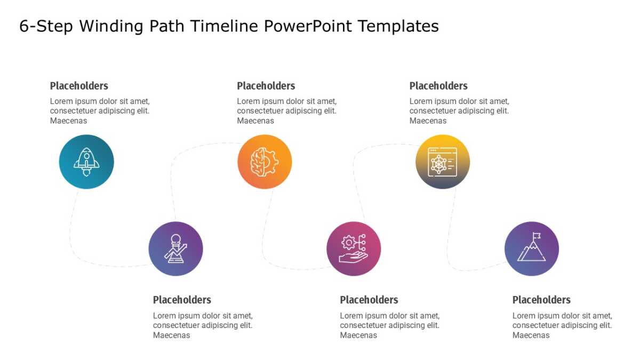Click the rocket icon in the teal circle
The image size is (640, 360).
[x=86, y=162]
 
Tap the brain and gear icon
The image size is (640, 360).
[x=265, y=162]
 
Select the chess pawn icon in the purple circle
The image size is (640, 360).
[x=175, y=249]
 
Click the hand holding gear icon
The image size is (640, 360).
[x=354, y=249]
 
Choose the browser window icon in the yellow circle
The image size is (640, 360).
[x=442, y=162]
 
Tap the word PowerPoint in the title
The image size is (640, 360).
[x=308, y=26]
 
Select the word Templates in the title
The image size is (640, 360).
[x=398, y=26]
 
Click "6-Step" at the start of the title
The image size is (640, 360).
[x=46, y=26]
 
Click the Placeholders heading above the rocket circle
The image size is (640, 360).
[x=79, y=86]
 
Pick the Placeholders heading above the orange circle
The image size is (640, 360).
[x=266, y=86]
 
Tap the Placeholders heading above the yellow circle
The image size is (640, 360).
[x=438, y=86]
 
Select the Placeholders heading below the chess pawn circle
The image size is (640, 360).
[x=182, y=300]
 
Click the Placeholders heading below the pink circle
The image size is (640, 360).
[x=369, y=300]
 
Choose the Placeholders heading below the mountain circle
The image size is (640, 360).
[x=541, y=300]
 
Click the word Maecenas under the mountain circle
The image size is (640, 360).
[x=531, y=335]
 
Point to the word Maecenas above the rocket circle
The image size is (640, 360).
[x=68, y=121]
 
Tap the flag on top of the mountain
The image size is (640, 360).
[x=537, y=236]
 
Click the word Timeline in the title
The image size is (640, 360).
[x=223, y=26]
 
